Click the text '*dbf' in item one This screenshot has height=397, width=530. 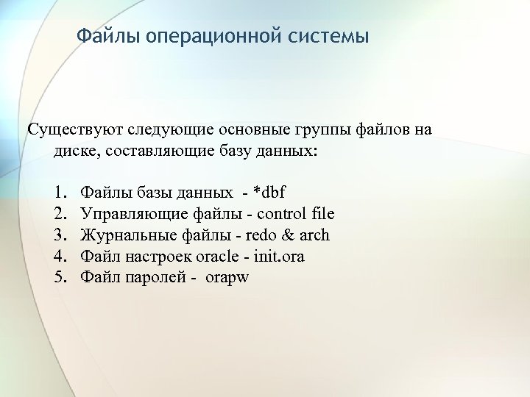[x=269, y=193]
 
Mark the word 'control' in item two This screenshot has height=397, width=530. [x=285, y=214]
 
